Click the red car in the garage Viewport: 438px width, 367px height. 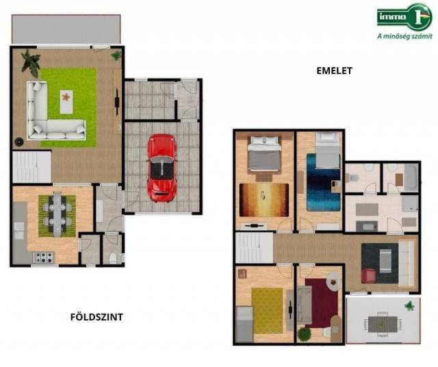pos(162,168)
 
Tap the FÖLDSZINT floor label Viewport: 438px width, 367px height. pos(96,317)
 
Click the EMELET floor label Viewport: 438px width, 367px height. pos(335,71)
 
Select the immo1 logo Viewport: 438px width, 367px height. pos(404,16)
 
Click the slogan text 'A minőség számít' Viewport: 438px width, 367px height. pos(404,36)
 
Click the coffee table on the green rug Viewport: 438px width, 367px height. pos(66,102)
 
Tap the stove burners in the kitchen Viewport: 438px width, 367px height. pos(44,257)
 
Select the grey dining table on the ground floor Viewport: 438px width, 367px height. pos(57,214)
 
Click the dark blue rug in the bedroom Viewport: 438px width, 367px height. pos(323,182)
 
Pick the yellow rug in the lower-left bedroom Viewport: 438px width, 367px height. pos(267,311)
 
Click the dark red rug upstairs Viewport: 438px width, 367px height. pos(322,303)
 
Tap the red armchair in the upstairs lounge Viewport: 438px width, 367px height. pos(368,276)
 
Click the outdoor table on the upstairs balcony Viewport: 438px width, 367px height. pos(383,325)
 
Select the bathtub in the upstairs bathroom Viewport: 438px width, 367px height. pos(411,178)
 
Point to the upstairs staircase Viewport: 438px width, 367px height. pos(254,248)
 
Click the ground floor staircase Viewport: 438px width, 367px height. pos(31,167)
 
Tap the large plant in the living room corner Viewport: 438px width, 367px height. pos(30,63)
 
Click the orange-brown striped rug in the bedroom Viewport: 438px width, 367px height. pos(264,200)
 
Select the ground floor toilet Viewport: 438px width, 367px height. pos(113,258)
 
